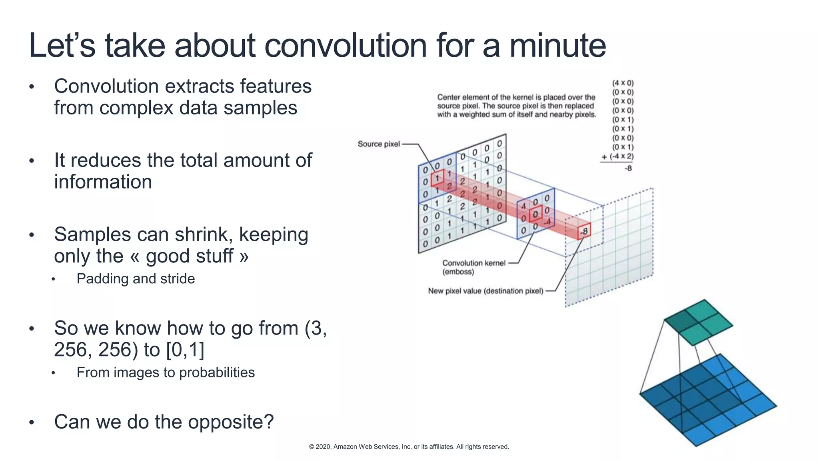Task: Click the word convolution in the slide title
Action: (346, 46)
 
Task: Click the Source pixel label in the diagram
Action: (378, 144)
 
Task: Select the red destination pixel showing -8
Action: (584, 231)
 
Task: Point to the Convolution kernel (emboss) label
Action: (473, 267)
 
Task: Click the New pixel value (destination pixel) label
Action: (485, 291)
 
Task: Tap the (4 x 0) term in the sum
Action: (623, 83)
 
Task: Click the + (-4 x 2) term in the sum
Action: (618, 156)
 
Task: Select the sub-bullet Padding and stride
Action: (136, 279)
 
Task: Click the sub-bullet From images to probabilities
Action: (166, 373)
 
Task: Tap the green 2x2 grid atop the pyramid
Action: (698, 322)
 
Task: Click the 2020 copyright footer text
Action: (409, 447)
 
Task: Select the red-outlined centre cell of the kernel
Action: (535, 214)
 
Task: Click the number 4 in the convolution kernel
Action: (523, 206)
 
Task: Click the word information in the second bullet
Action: (103, 182)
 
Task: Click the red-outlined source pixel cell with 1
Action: (437, 177)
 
